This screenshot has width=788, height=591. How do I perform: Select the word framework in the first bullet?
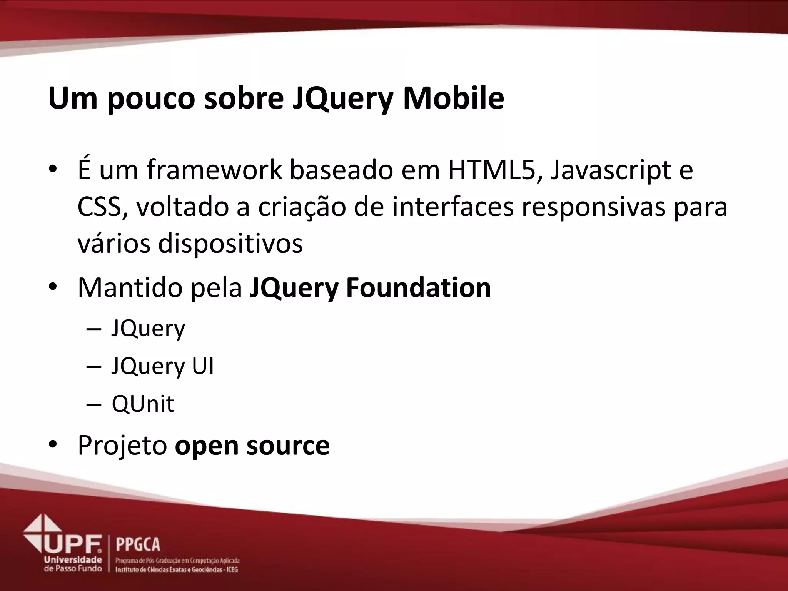214,170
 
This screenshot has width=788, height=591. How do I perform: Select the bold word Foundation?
418,287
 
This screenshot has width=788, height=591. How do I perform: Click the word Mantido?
130,287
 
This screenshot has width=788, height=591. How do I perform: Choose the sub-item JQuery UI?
162,366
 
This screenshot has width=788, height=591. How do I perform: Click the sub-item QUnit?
143,404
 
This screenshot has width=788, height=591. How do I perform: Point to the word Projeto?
122,446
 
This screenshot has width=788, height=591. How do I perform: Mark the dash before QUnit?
94,404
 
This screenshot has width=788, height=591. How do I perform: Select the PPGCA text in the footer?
138,545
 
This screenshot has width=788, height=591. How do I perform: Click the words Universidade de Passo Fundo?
73,564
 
